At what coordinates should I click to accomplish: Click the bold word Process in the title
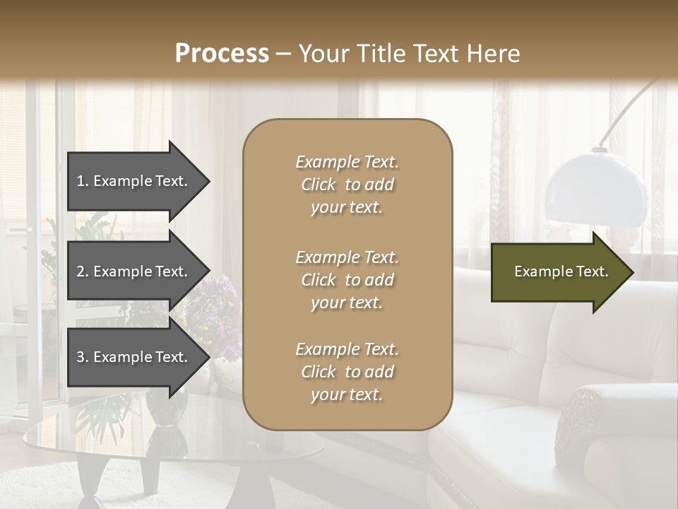coord(222,53)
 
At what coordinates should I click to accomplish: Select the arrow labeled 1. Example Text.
coord(134,181)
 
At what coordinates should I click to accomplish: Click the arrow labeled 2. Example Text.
coord(134,271)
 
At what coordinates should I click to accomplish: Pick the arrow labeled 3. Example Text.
coord(134,357)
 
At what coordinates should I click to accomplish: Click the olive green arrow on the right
coord(558,271)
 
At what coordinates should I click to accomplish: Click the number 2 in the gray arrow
coord(81,271)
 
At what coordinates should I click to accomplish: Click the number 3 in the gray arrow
coord(81,357)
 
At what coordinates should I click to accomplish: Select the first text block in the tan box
coord(347,185)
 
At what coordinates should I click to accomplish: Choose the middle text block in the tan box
coord(347,280)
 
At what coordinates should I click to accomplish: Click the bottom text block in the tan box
coord(347,372)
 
